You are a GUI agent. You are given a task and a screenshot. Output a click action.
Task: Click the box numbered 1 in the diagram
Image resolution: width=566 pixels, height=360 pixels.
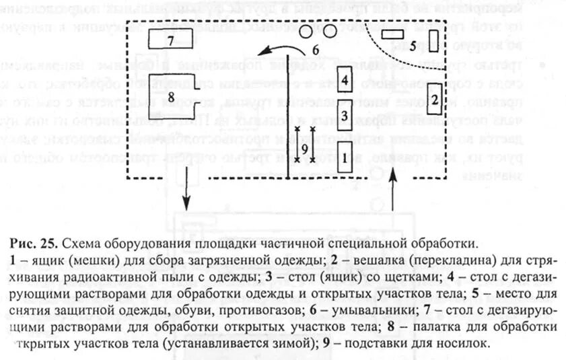click(345, 157)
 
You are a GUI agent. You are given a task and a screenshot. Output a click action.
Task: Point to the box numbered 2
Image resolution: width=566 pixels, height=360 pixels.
click(434, 100)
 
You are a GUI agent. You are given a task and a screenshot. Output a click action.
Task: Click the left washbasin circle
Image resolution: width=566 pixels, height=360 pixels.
click(306, 31)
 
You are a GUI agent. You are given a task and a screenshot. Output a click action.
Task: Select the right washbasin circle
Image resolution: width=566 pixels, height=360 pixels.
click(329, 31)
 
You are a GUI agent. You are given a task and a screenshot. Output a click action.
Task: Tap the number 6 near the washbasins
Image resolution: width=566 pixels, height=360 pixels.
click(314, 49)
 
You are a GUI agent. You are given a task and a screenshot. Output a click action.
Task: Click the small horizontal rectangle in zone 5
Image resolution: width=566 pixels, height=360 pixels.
click(391, 34)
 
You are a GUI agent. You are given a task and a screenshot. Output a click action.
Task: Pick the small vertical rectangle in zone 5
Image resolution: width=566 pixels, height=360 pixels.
click(433, 41)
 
